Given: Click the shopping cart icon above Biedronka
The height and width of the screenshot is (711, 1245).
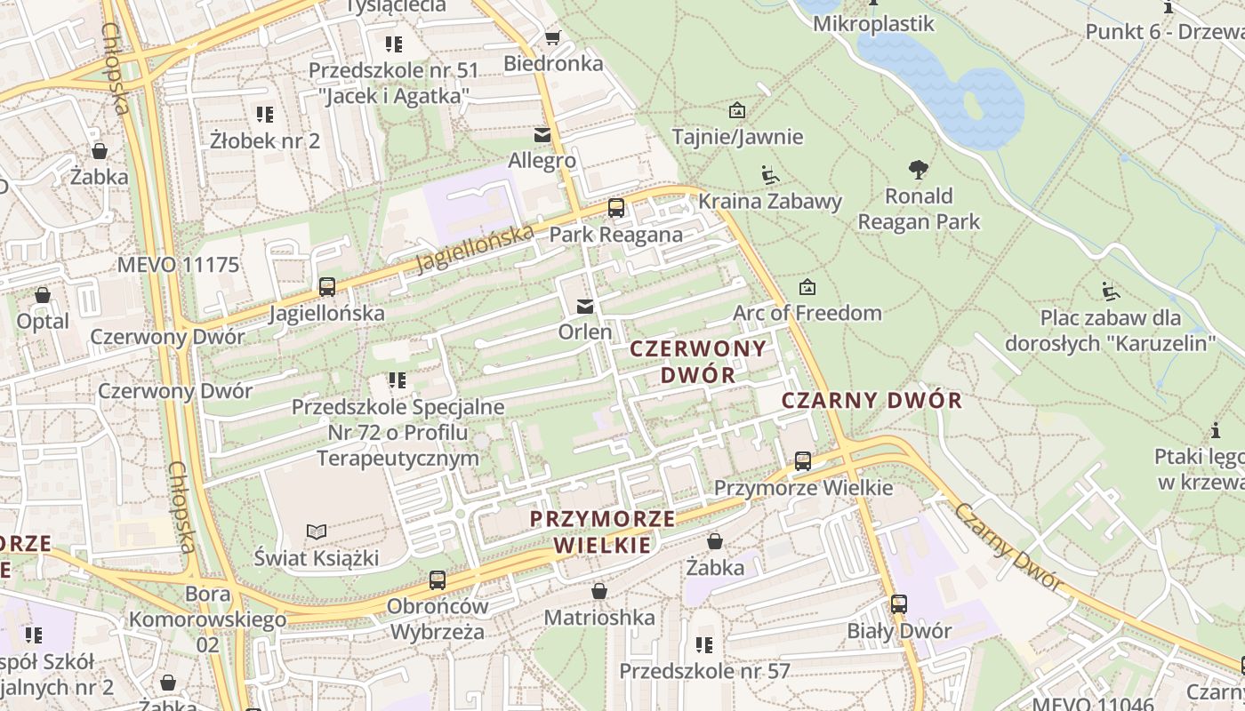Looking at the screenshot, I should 552,37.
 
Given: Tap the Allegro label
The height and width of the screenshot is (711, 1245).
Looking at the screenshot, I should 542,161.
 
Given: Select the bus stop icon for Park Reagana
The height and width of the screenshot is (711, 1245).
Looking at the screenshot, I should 615,209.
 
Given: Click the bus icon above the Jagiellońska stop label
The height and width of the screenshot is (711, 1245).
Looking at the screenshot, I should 326,287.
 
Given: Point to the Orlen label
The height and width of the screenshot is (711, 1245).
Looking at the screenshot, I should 585,332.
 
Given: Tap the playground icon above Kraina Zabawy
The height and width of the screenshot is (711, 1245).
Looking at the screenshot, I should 770,175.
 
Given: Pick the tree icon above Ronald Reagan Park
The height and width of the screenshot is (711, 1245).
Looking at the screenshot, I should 919,169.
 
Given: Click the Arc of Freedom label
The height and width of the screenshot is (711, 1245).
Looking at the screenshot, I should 807,313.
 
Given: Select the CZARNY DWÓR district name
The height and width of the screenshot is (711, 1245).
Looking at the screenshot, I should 871,400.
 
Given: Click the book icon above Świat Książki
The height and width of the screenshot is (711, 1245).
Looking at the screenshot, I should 317,531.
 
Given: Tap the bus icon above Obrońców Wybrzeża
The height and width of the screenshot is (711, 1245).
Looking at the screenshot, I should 438,580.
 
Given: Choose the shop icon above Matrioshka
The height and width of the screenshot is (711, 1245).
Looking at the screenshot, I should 599,591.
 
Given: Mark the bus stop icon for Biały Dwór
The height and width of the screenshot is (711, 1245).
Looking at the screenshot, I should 899,604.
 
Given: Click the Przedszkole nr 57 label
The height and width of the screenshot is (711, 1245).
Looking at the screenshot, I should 704,671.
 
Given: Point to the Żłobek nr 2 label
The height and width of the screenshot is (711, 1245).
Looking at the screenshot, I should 264,140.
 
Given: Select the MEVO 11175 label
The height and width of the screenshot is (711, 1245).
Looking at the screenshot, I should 179,265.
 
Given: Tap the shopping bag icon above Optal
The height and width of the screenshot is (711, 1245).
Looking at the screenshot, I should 43,295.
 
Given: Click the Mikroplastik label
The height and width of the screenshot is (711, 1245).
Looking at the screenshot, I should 873,24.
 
